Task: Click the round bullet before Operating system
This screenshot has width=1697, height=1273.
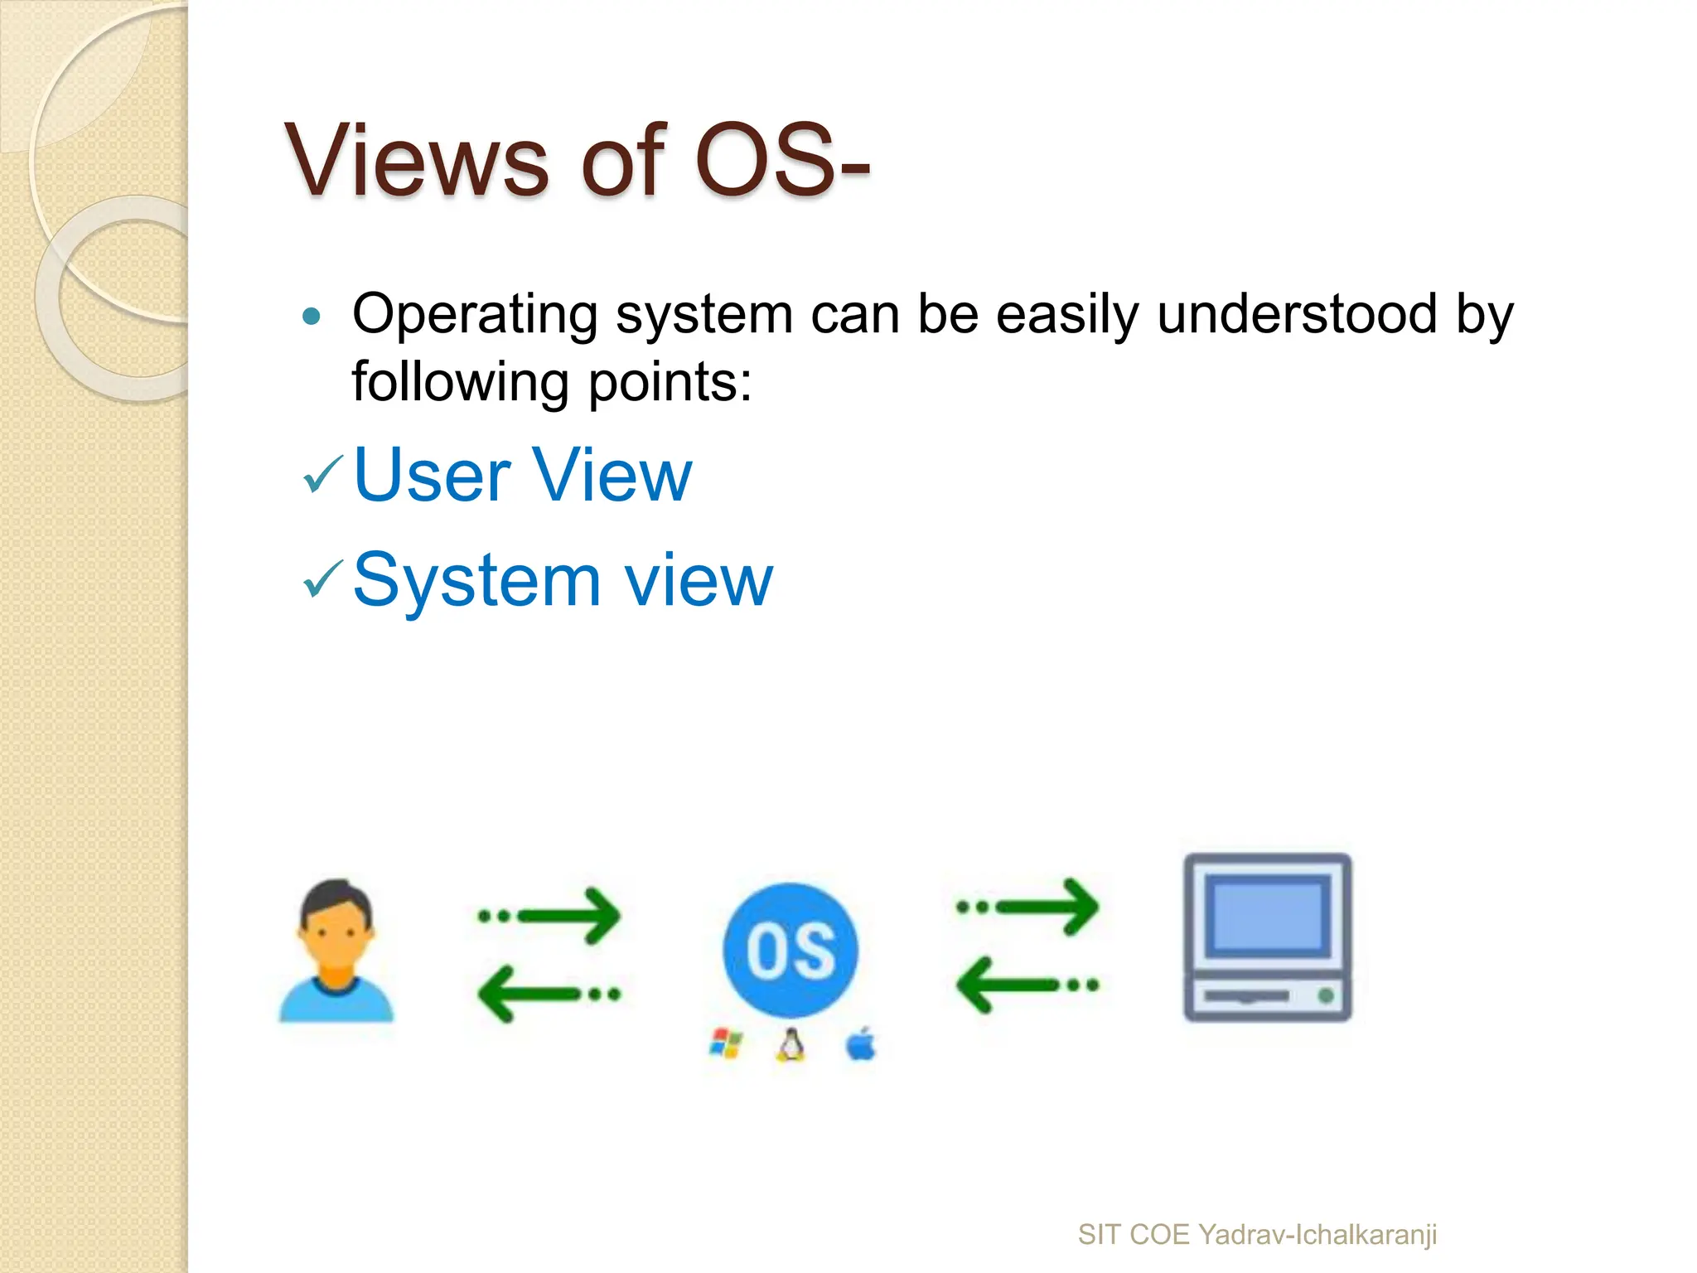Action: (x=312, y=316)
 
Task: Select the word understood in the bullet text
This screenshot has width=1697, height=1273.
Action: (x=1297, y=314)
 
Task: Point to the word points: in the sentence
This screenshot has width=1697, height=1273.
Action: (x=670, y=382)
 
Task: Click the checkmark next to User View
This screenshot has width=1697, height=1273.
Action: (x=322, y=475)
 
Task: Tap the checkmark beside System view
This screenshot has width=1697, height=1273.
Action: (x=322, y=579)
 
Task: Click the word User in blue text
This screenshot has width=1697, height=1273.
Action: (x=432, y=475)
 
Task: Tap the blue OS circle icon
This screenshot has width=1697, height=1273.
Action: (x=790, y=950)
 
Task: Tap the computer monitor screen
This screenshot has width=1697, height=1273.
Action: (x=1266, y=916)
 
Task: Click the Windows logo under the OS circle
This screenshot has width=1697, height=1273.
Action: (x=726, y=1044)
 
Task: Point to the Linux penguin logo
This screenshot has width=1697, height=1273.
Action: (x=790, y=1045)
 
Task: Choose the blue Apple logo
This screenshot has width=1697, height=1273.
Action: (x=861, y=1044)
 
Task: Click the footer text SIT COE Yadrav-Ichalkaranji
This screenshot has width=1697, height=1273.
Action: (x=1256, y=1234)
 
